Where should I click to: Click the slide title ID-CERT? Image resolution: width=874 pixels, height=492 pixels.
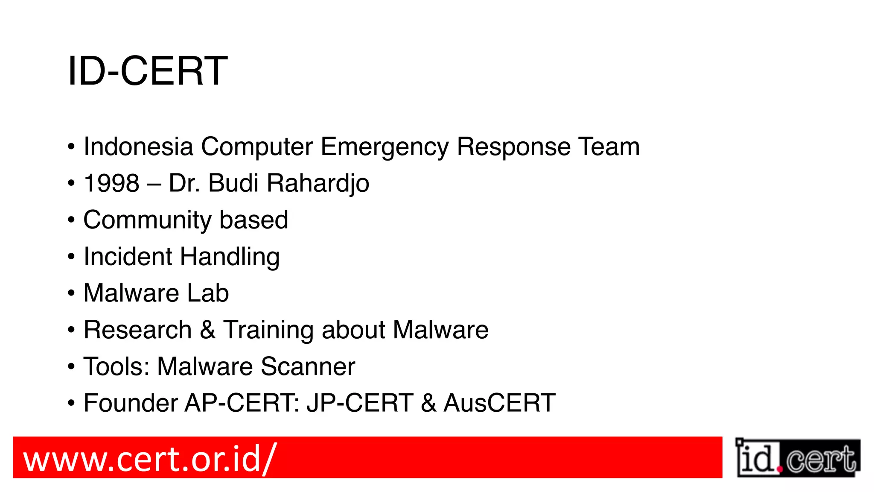(147, 71)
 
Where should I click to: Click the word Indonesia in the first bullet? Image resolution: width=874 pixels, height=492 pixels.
(138, 146)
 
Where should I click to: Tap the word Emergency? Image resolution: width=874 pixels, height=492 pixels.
(385, 147)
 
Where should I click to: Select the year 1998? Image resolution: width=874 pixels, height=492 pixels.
(112, 183)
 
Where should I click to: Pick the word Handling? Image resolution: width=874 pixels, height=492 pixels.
(230, 257)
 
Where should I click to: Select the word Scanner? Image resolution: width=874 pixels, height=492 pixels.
(308, 366)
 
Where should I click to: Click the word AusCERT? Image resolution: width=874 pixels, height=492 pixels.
(499, 403)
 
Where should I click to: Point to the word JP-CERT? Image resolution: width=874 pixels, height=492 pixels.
(360, 403)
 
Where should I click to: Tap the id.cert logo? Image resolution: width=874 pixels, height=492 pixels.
(798, 458)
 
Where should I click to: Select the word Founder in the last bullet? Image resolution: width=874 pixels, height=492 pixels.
(131, 403)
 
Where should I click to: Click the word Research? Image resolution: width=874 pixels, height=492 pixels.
(137, 330)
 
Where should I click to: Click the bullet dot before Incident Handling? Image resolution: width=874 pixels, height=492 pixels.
(71, 257)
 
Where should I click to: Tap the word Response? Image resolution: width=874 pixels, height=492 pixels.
(513, 147)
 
